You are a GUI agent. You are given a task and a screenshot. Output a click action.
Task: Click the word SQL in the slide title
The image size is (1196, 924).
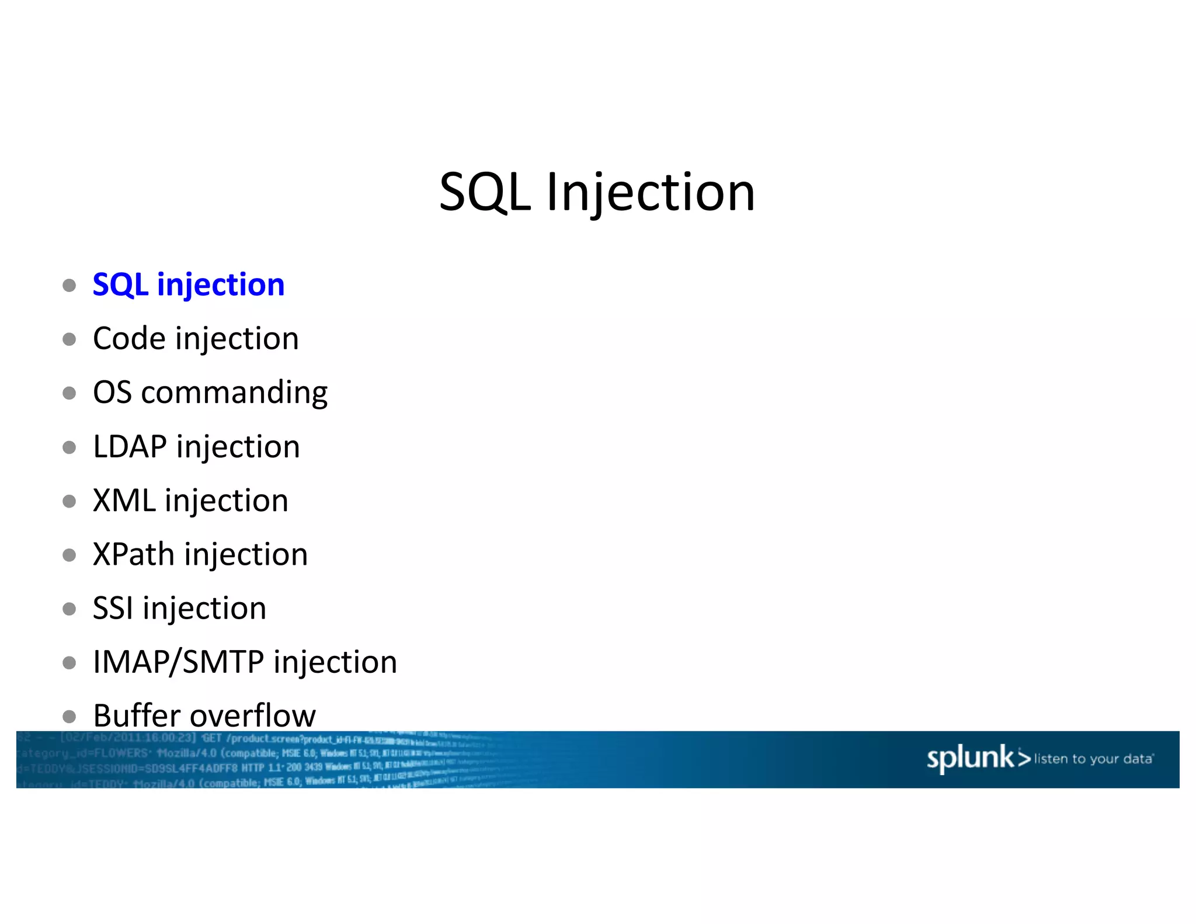click(485, 193)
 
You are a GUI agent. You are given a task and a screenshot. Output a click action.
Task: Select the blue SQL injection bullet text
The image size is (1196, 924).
click(189, 285)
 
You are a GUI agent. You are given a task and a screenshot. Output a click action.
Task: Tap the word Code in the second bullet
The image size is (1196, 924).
click(129, 339)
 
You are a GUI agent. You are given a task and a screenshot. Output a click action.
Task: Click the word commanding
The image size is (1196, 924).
click(234, 393)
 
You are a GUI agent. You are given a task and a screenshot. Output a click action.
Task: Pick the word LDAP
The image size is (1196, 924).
click(130, 447)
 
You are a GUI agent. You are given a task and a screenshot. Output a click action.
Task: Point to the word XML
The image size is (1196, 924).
click(124, 501)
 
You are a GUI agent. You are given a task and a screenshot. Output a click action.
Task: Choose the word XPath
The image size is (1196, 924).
click(134, 554)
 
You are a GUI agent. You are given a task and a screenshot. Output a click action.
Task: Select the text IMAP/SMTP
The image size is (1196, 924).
click(178, 662)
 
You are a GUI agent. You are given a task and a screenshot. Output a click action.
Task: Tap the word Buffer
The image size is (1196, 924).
click(137, 715)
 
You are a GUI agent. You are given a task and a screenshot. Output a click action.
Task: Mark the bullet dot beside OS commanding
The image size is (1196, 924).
click(69, 393)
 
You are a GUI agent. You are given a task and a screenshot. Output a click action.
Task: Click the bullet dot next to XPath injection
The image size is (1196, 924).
click(69, 555)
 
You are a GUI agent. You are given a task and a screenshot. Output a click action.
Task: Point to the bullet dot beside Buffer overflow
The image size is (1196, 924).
click(69, 716)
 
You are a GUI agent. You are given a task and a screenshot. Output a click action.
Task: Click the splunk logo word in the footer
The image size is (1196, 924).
click(971, 758)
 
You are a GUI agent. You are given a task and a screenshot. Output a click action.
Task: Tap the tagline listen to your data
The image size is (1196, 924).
click(1093, 759)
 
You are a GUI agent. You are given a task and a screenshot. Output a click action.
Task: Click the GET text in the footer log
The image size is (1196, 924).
click(212, 738)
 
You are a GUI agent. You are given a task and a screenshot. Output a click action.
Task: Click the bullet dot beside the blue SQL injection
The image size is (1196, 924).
click(69, 286)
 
